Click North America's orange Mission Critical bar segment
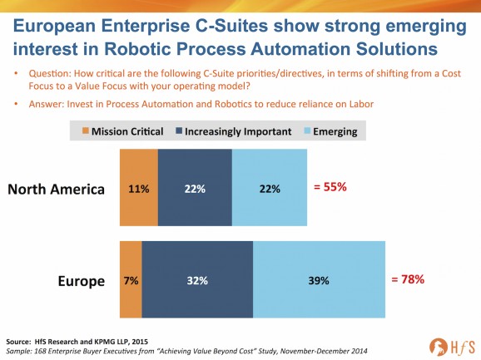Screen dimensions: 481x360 139,188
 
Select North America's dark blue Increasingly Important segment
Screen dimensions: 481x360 195,188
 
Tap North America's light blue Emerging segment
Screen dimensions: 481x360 270,188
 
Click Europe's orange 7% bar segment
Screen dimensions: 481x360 131,279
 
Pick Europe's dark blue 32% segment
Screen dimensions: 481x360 197,279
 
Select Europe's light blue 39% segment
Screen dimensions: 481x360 319,279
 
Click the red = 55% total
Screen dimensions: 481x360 330,186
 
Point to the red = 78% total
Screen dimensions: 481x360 408,279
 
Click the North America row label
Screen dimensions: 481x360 56,189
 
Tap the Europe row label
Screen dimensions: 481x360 82,281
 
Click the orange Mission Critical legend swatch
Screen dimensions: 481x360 86,131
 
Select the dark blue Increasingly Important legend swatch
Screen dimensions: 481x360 179,131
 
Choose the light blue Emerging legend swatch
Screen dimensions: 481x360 307,131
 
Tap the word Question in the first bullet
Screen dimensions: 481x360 49,74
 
